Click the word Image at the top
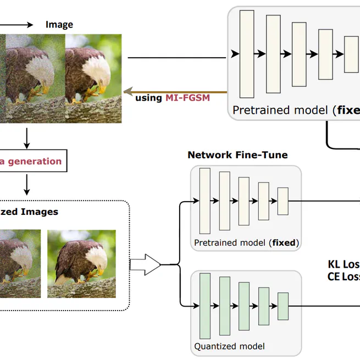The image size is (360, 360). (59, 25)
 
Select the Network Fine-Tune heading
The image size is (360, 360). (237, 155)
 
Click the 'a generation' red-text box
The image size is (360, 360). (33, 162)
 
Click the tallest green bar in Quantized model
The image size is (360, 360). (205, 306)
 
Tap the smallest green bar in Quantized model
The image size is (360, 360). (283, 306)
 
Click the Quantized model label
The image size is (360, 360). (229, 346)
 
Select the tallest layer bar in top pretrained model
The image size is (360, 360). (247, 54)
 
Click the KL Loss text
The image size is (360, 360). (343, 264)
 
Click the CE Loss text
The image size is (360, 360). (343, 276)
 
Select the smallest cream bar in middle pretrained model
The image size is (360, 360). (283, 201)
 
